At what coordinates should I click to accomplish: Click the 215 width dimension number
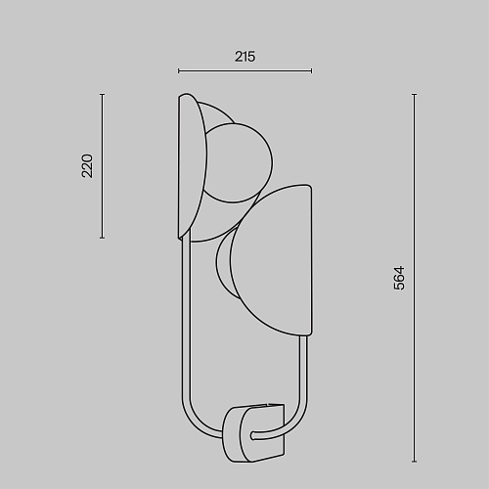244,57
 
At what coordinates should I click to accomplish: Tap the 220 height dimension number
87,166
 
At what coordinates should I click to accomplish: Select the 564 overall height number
399,278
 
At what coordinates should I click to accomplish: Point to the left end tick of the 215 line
179,70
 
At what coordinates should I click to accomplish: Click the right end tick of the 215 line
311,70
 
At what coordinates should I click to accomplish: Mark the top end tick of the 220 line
103,95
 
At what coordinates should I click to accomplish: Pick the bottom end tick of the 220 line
103,238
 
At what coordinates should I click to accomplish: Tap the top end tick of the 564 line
414,95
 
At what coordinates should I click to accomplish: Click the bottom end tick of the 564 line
414,461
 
